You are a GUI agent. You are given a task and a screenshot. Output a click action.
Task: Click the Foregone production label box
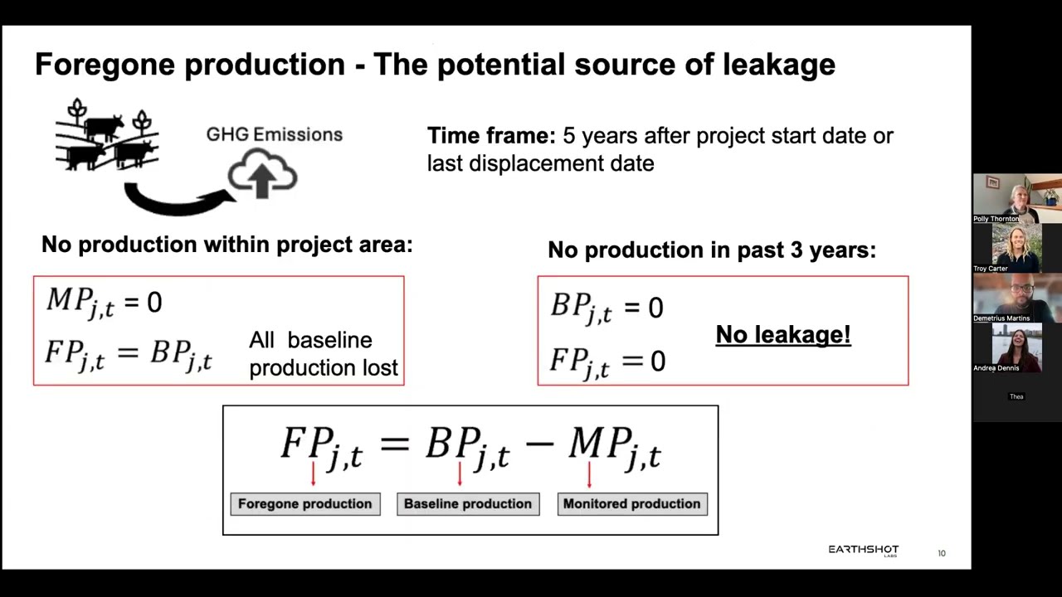click(304, 504)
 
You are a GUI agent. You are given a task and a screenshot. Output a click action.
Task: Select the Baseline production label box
click(468, 504)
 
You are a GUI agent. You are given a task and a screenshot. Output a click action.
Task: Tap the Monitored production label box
click(631, 504)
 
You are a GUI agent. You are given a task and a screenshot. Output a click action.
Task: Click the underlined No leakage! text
click(782, 335)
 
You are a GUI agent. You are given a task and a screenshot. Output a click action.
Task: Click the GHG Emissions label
click(274, 134)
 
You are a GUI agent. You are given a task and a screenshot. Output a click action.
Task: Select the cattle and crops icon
click(107, 136)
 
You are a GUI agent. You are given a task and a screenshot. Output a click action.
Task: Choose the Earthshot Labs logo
click(863, 550)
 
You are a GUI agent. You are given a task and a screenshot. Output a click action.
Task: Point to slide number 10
click(942, 553)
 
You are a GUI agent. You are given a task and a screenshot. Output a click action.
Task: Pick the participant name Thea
click(1016, 397)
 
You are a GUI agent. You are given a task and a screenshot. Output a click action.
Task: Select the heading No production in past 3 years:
click(711, 250)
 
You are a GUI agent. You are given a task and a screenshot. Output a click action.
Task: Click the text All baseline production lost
click(323, 354)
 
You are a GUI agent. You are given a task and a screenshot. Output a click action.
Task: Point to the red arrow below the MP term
click(589, 474)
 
